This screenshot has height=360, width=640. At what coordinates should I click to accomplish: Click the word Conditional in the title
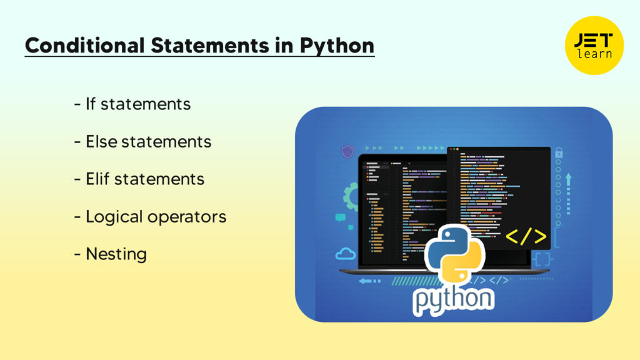(x=84, y=45)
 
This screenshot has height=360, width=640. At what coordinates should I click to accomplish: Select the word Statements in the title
(x=210, y=45)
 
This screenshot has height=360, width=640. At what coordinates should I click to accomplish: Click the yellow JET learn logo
(x=594, y=45)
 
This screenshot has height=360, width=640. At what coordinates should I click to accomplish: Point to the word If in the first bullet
(x=90, y=104)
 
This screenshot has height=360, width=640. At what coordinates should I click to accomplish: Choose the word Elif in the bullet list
(x=97, y=179)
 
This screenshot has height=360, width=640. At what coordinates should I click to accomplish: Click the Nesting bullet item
(x=116, y=254)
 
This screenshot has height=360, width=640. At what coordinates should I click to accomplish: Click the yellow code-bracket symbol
(x=526, y=236)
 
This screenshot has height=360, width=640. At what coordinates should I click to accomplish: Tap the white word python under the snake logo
(x=454, y=300)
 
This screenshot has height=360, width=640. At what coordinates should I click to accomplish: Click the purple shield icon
(x=347, y=151)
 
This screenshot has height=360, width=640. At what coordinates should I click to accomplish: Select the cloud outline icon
(x=345, y=254)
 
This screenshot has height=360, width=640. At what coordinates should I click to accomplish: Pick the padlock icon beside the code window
(x=559, y=152)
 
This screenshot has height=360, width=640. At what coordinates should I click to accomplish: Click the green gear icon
(x=350, y=197)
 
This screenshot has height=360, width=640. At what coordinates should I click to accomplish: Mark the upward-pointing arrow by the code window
(x=568, y=194)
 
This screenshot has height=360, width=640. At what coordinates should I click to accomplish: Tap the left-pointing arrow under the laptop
(x=369, y=281)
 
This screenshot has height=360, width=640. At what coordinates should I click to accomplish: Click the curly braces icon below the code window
(x=542, y=259)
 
